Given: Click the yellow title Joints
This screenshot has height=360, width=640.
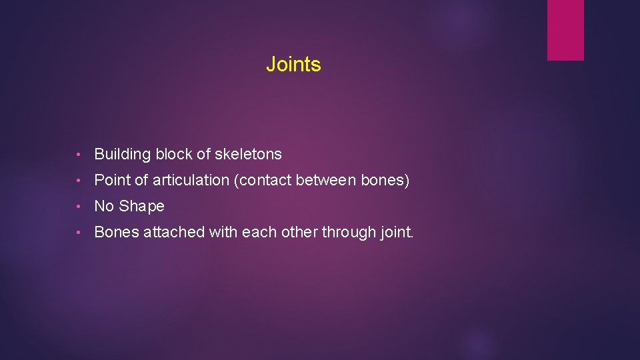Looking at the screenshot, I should click(293, 65).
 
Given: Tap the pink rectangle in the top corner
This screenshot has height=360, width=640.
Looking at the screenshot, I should click(565, 30).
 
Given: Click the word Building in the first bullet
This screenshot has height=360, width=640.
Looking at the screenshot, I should click(123, 155).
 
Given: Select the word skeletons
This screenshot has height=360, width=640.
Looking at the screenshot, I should click(248, 155).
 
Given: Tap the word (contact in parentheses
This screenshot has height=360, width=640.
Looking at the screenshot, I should click(267, 181).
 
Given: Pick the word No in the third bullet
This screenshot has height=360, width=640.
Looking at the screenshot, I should click(104, 207).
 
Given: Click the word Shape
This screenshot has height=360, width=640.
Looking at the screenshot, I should click(141, 207).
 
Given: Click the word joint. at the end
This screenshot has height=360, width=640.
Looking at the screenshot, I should click(397, 233).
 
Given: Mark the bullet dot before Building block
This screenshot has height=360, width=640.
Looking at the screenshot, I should click(79, 155).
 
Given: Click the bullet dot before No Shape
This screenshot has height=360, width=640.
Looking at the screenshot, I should click(79, 207).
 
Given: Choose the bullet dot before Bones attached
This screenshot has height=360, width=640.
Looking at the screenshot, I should click(79, 233).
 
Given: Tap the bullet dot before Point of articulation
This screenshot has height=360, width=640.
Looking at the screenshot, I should click(79, 181).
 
